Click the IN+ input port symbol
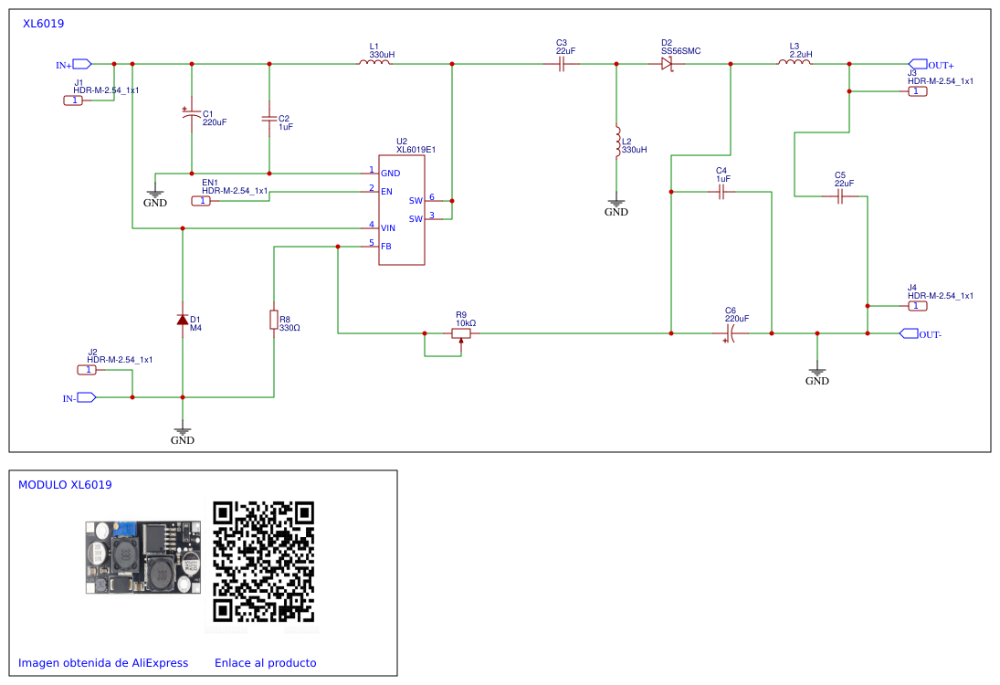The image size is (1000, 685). pyautogui.click(x=82, y=64)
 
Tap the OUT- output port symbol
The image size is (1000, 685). pyautogui.click(x=909, y=333)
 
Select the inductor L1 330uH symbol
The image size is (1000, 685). pyautogui.click(x=374, y=62)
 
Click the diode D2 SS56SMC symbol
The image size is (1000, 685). pyautogui.click(x=667, y=64)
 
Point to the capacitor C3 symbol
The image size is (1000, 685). pyautogui.click(x=562, y=64)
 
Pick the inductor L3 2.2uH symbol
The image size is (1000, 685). pyautogui.click(x=795, y=62)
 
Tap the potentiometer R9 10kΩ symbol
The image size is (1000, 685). pyautogui.click(x=461, y=334)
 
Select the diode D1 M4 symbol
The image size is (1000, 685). pyautogui.click(x=183, y=320)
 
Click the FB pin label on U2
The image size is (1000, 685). pyautogui.click(x=386, y=247)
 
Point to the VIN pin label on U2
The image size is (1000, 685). pyautogui.click(x=388, y=227)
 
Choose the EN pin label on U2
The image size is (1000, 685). pyautogui.click(x=387, y=191)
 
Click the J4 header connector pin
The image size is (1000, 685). pyautogui.click(x=917, y=306)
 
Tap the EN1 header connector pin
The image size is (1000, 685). pyautogui.click(x=202, y=201)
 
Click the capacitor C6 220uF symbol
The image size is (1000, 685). pyautogui.click(x=731, y=333)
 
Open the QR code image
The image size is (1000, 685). pyautogui.click(x=263, y=562)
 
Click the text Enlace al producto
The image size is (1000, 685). pyautogui.click(x=266, y=663)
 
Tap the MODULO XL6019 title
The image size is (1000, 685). pyautogui.click(x=65, y=485)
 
